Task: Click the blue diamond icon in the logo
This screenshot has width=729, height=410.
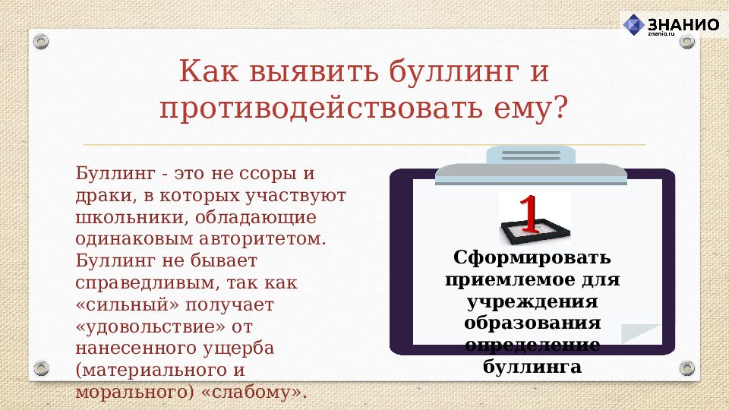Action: [x=633, y=25]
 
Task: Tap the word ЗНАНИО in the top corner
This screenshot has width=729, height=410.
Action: [x=683, y=24]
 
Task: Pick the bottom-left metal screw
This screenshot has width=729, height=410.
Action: [x=42, y=369]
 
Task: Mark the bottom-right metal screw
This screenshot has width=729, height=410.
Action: [x=687, y=369]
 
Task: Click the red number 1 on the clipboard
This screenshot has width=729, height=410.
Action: [x=529, y=214]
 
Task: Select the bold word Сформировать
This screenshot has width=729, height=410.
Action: [x=532, y=258]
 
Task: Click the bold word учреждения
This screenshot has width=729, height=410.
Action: [x=532, y=301]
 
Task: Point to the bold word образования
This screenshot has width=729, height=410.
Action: [x=532, y=323]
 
